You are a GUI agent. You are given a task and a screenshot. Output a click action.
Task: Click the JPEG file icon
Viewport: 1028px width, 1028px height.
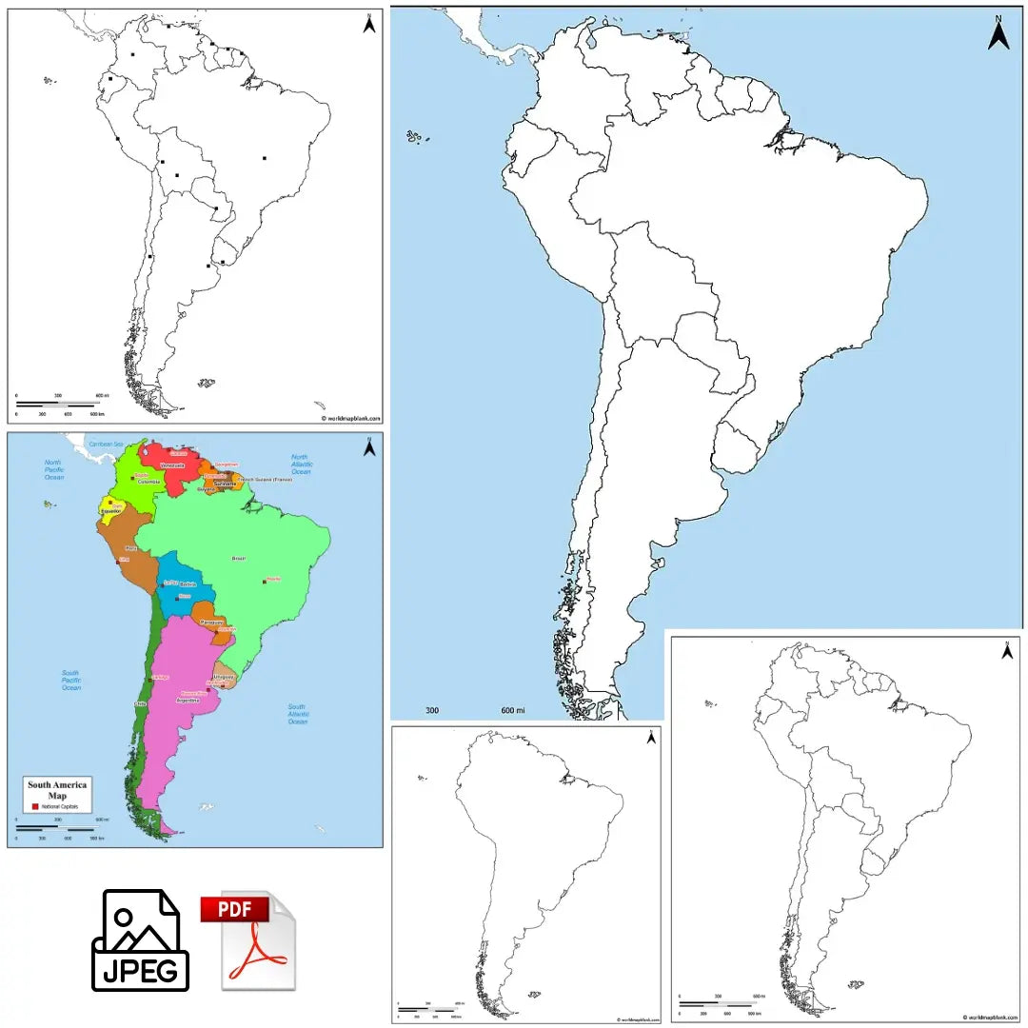(x=140, y=939)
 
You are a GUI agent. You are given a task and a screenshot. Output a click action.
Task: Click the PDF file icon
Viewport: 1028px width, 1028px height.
(x=247, y=939)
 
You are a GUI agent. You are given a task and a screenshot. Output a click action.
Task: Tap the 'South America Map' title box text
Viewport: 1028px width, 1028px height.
(x=57, y=789)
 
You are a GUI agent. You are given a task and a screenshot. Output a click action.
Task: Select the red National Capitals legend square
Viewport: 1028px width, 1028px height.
(x=35, y=806)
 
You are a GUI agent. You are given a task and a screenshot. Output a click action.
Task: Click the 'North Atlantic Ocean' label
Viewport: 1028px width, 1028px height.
(x=301, y=465)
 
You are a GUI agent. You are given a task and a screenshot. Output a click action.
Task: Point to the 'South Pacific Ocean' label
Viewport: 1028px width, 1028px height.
(x=71, y=680)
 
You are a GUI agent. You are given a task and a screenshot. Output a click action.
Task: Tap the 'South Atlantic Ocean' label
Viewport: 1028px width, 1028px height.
(x=297, y=714)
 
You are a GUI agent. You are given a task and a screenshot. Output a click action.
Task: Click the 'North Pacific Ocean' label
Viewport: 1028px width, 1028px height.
(x=52, y=468)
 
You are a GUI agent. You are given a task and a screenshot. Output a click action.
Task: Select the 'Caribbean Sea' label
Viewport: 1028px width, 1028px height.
(x=106, y=444)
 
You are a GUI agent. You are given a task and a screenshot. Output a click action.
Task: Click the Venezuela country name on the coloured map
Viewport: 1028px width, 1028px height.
(x=172, y=465)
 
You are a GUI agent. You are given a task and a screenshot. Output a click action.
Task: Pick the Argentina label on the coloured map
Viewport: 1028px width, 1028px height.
(x=188, y=700)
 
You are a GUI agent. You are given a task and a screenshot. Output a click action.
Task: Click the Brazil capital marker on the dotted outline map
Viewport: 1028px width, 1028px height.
(x=264, y=158)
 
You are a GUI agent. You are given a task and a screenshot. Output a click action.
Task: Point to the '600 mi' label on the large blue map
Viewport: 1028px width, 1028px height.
(x=513, y=710)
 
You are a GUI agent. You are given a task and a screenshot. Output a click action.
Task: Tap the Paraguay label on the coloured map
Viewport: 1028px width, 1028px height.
(x=211, y=622)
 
